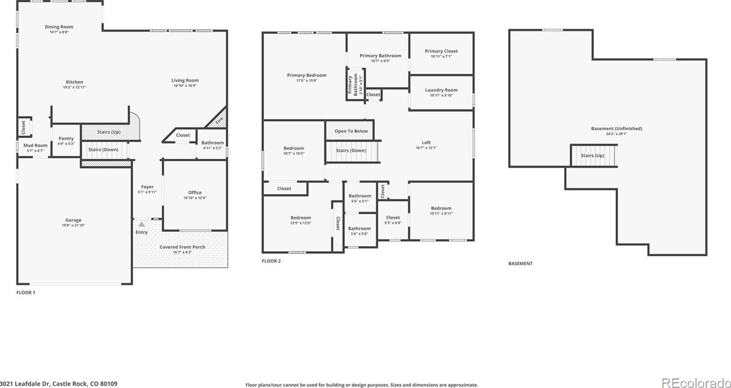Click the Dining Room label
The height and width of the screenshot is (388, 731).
(59, 27)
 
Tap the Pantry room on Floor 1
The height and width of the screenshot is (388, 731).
(66, 141)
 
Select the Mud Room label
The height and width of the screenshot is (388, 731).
(35, 145)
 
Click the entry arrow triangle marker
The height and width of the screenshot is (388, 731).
(142, 224)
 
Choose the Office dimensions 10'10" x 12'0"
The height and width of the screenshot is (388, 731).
(195, 198)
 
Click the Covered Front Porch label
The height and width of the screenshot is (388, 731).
(182, 247)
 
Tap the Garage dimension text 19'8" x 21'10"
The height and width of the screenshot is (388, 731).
(74, 225)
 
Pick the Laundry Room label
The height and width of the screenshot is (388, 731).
(441, 90)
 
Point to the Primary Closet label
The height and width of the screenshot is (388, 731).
(441, 51)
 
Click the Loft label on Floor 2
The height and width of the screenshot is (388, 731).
(426, 142)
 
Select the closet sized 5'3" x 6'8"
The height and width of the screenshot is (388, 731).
(393, 220)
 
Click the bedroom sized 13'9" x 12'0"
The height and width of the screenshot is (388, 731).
(300, 220)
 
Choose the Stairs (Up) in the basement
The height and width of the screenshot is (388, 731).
(593, 156)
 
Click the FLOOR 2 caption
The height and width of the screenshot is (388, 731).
(271, 261)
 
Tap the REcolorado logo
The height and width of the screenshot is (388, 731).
(696, 382)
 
